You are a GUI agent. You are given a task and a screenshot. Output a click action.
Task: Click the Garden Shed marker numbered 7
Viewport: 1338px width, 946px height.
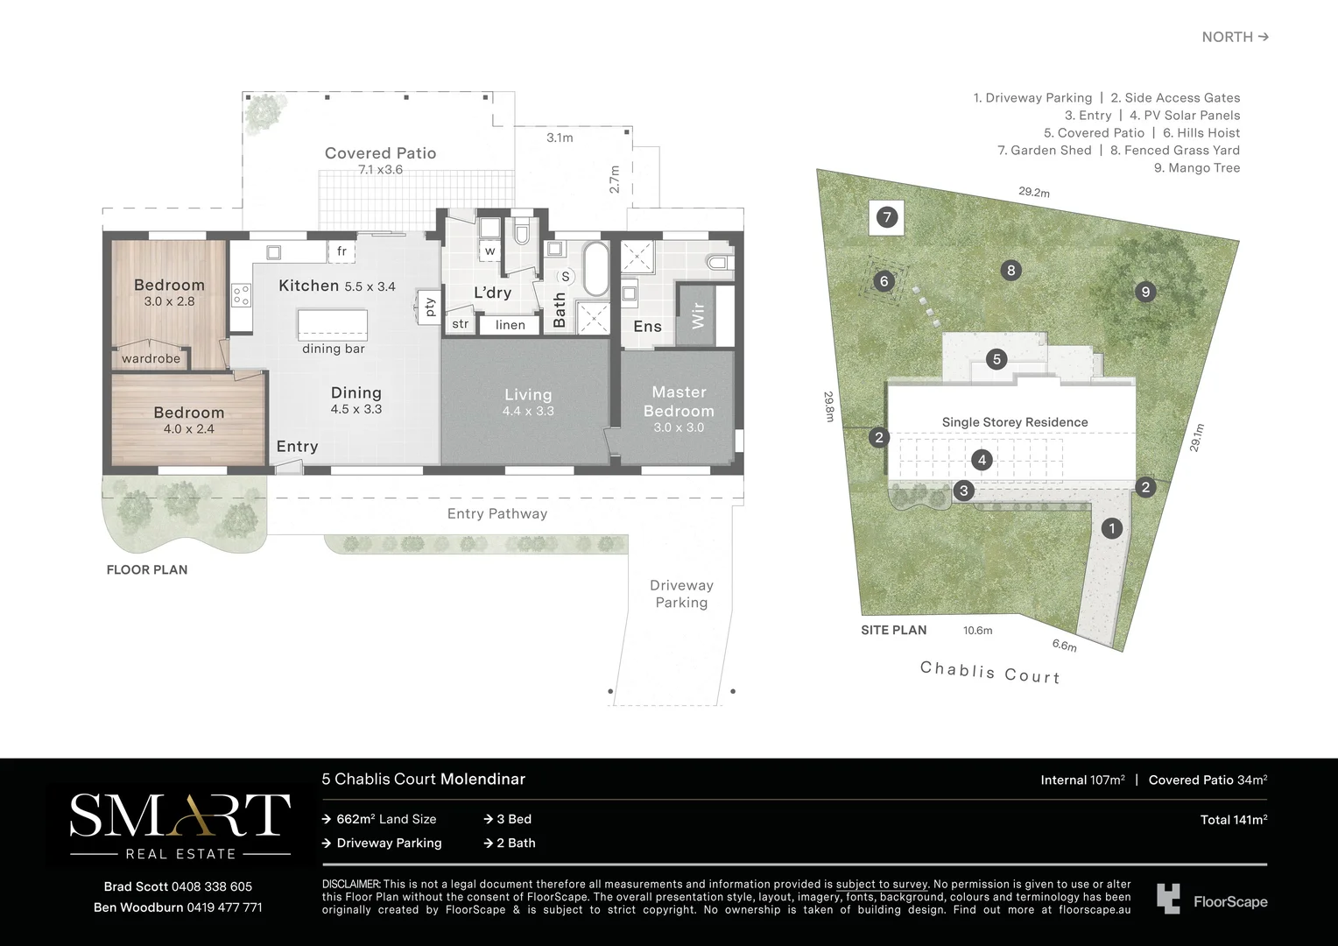[887, 217]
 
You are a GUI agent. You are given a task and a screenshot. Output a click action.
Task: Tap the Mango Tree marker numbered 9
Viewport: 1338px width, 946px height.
[1145, 292]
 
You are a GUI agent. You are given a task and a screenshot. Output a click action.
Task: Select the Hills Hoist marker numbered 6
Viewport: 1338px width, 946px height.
[884, 281]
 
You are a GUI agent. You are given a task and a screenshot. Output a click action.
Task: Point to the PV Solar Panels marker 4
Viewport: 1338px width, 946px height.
[982, 460]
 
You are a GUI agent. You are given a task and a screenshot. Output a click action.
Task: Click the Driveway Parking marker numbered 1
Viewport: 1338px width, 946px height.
[1111, 528]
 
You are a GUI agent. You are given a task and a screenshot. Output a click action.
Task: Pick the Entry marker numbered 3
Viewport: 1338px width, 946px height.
[964, 491]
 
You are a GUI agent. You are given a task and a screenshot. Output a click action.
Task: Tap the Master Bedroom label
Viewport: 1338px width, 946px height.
[679, 402]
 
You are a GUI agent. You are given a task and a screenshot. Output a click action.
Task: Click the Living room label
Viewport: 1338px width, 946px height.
[528, 395]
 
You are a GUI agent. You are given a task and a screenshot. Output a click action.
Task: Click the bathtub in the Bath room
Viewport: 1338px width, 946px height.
[595, 270]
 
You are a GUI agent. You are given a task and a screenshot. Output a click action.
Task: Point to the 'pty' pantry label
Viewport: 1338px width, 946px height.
[429, 307]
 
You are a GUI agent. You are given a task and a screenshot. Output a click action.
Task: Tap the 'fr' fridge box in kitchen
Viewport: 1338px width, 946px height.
[342, 251]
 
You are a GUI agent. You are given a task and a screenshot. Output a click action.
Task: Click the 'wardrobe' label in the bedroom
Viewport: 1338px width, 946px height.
[151, 358]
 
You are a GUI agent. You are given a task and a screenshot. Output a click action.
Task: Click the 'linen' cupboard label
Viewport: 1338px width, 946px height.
[511, 325]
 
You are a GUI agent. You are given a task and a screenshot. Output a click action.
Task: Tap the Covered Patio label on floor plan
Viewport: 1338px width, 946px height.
[380, 153]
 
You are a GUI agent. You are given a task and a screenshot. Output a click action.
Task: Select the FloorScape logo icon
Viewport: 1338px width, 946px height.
[1168, 900]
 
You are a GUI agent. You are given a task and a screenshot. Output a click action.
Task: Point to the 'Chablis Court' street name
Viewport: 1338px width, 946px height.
[989, 672]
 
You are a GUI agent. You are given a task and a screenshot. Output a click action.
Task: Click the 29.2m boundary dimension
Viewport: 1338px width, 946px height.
[1033, 192]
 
